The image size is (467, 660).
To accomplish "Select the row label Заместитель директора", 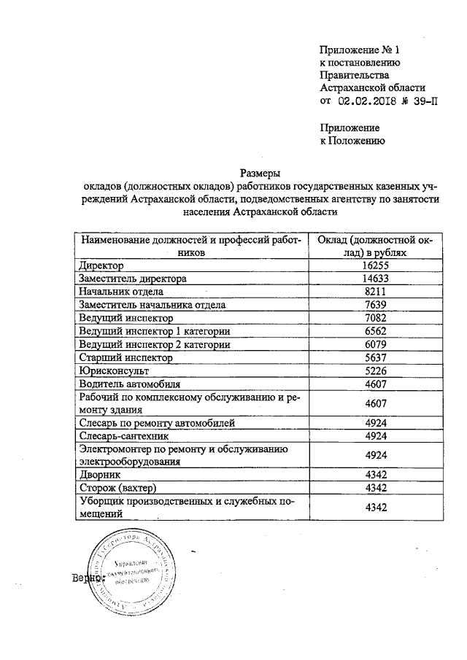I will [x=134, y=279].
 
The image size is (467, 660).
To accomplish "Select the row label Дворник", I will [x=100, y=475].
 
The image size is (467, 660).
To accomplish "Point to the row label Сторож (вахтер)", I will [x=118, y=488].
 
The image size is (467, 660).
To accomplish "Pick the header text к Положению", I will [x=352, y=141].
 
